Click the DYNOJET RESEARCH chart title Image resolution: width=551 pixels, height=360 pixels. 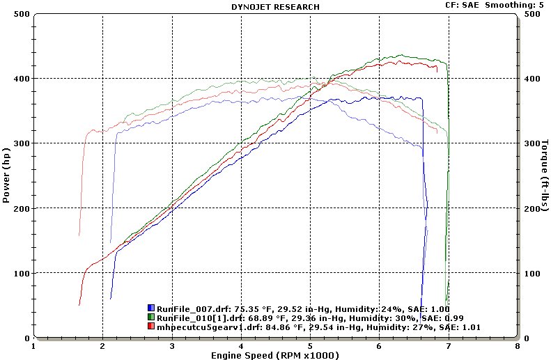coord(275,7)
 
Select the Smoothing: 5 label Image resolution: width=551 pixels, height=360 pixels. coord(516,5)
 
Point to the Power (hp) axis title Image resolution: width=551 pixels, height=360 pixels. coord(6,175)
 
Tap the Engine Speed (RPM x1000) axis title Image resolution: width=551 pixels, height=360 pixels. coord(275,355)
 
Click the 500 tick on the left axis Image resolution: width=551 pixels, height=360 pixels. coord(22,14)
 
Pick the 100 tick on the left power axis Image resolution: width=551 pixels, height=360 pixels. coord(22,273)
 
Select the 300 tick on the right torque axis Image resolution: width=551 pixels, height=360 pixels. coord(532,143)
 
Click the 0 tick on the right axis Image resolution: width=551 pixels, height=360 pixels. coord(527,338)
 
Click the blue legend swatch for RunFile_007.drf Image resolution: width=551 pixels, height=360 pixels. coord(151,308)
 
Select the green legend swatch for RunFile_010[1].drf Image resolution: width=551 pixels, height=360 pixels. coord(151,318)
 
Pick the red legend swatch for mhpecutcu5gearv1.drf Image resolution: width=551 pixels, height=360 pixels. coord(151,327)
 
